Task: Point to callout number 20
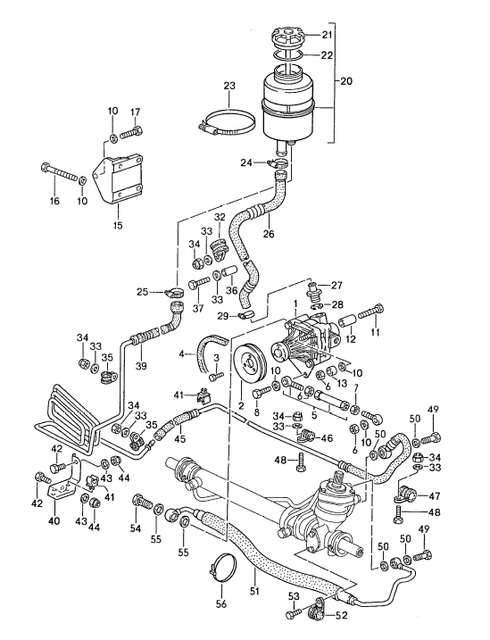(347, 80)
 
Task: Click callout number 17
(137, 112)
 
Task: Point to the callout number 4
(182, 354)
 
